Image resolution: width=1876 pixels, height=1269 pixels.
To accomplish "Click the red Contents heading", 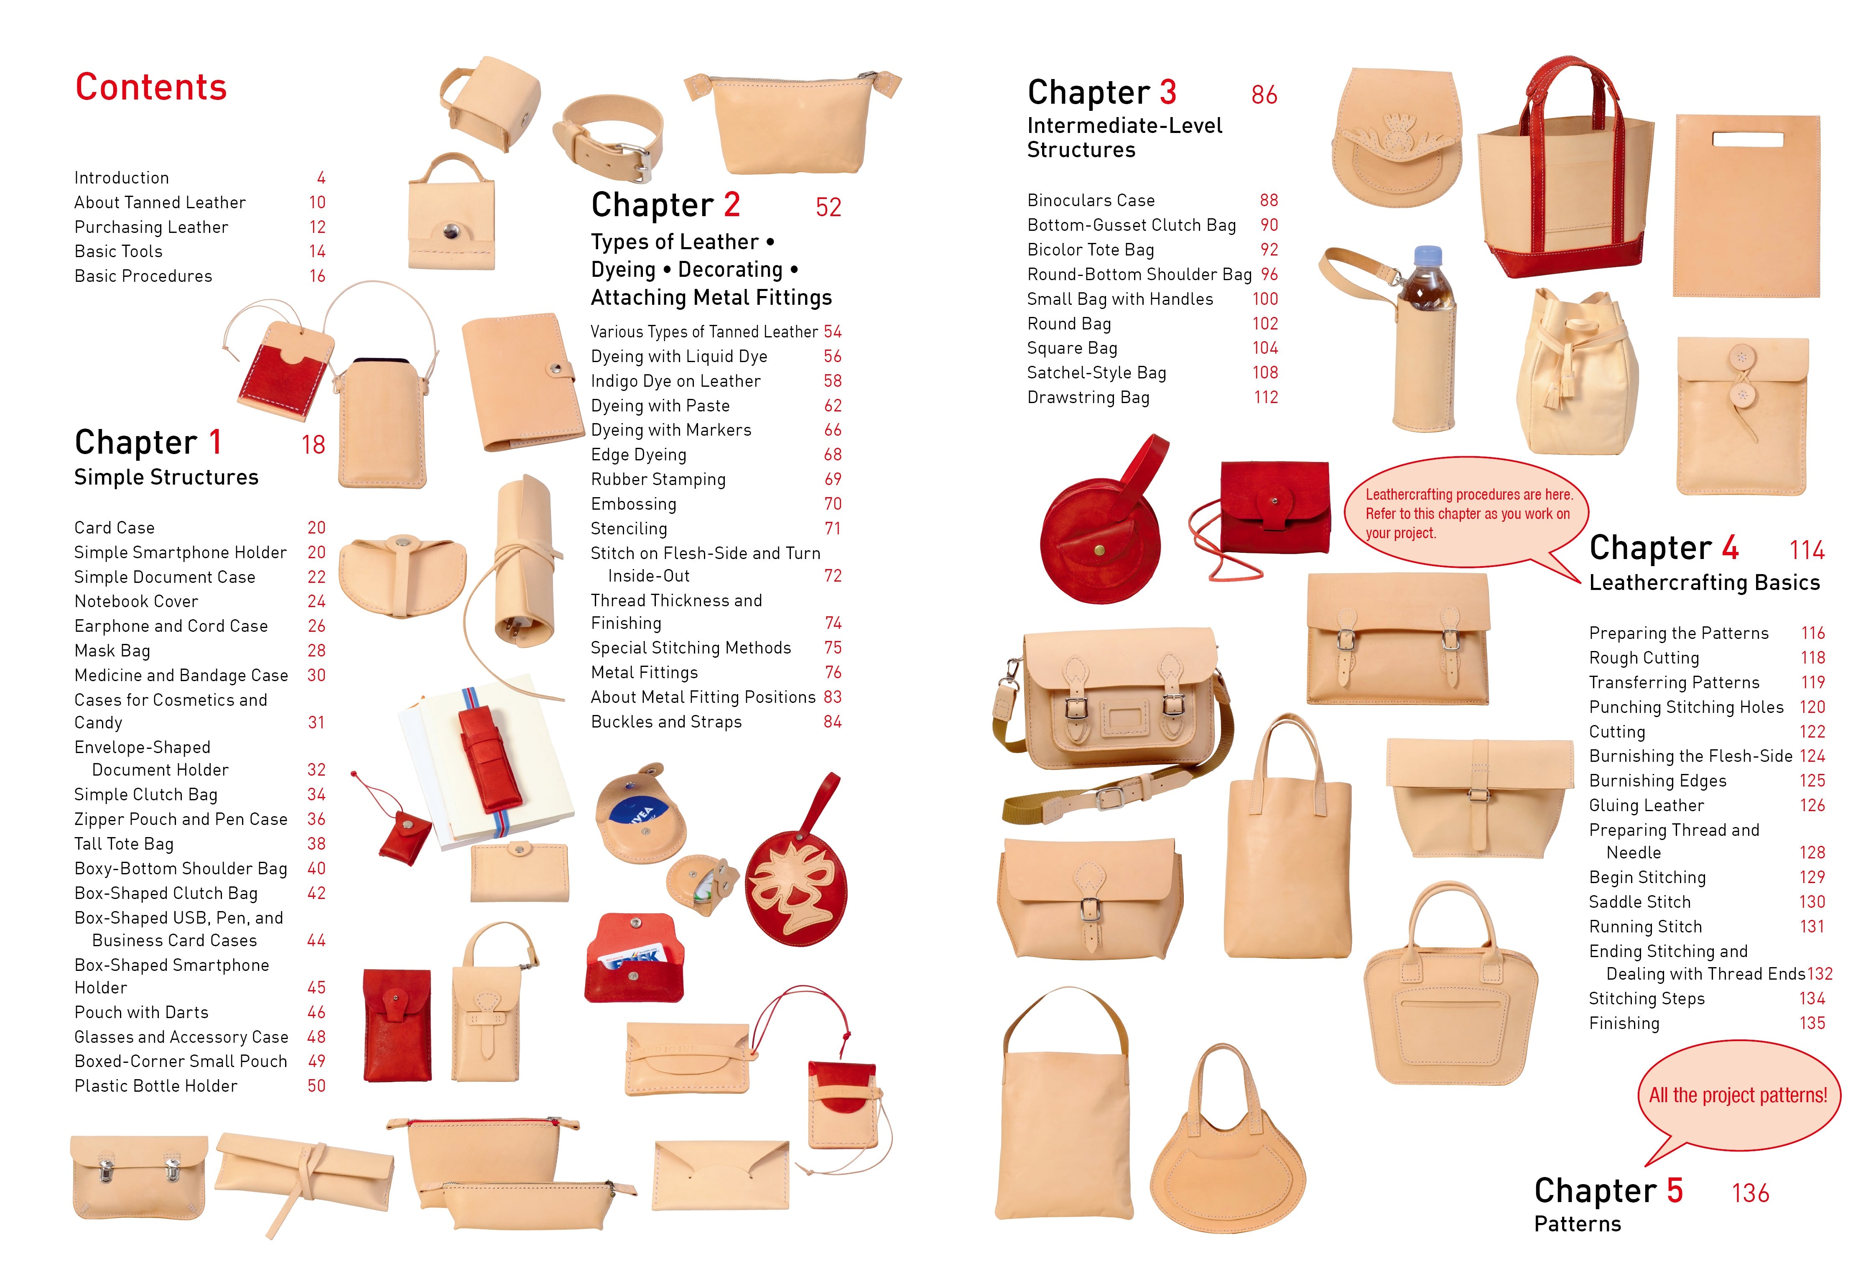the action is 151,87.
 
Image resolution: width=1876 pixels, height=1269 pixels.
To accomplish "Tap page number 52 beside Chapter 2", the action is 828,207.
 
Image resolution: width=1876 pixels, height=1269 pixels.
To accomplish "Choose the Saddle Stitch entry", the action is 1639,902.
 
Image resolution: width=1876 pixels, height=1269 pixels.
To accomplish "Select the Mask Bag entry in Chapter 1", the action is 112,651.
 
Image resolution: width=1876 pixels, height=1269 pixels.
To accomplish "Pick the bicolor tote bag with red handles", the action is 1565,169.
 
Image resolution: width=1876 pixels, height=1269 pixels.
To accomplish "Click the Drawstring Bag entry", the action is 1088,397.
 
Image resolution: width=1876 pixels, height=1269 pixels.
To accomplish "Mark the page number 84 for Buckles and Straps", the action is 832,722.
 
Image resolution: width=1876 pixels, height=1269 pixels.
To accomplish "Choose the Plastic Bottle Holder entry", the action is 156,1086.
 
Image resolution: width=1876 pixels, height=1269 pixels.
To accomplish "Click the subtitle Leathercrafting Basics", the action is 1704,583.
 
